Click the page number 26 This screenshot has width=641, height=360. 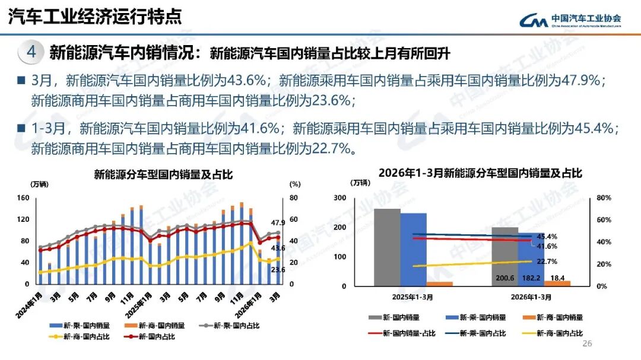588,345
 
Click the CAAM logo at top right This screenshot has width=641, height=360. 570,20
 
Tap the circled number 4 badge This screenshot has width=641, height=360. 31,52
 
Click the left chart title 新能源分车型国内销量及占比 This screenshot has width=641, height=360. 163,174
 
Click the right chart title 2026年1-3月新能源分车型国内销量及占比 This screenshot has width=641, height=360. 480,173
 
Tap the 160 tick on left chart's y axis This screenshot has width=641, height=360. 23,198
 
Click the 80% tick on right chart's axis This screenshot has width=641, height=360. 603,198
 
